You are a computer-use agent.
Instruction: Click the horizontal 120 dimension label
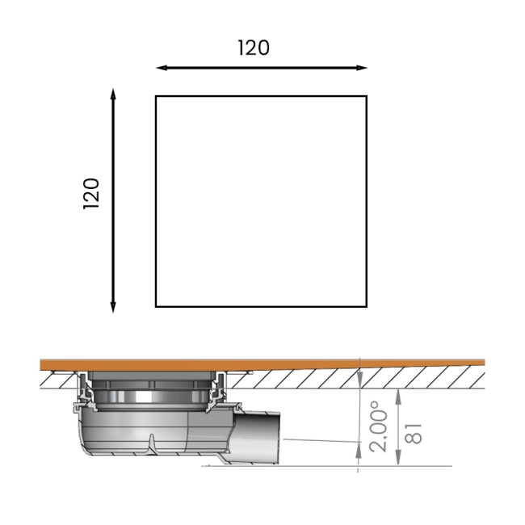click(x=254, y=48)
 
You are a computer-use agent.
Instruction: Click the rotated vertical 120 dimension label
click(x=91, y=194)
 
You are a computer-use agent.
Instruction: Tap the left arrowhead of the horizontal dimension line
click(x=160, y=68)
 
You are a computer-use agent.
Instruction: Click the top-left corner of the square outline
click(x=156, y=96)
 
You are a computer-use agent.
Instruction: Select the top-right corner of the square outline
click(x=367, y=96)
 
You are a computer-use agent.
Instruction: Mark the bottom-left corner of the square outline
click(x=156, y=307)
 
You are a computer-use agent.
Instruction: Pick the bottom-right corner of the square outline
click(x=367, y=307)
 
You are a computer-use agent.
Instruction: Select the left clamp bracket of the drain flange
click(x=84, y=391)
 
